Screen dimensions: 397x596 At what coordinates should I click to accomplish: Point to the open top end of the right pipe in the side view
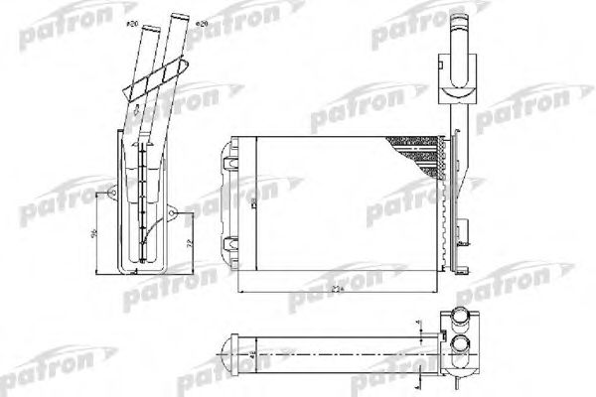pos(179,18)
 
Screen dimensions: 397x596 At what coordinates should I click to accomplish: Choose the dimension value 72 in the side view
pos(188,242)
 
